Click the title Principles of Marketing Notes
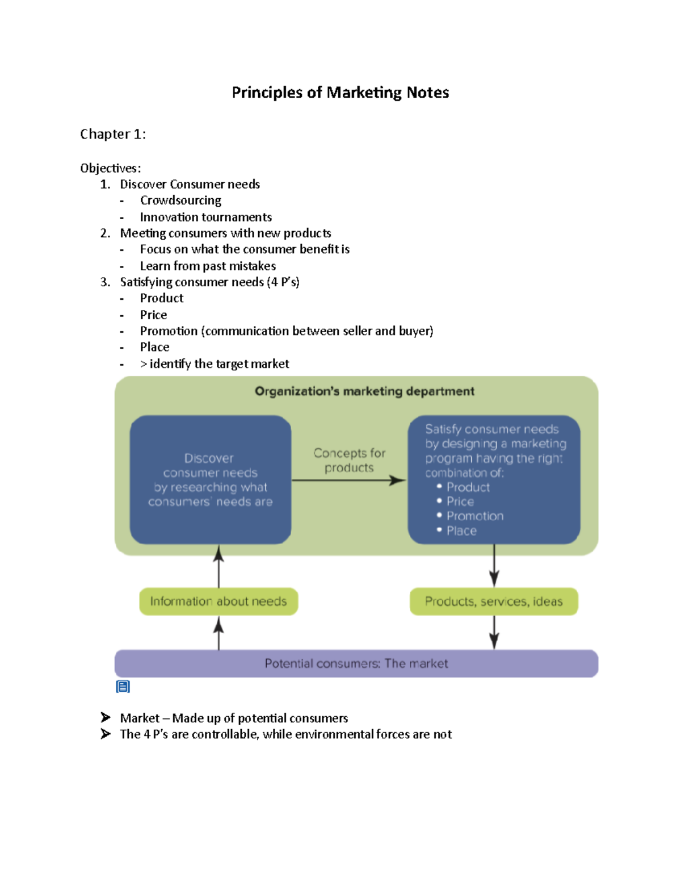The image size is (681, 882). tap(340, 93)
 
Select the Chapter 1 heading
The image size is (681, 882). tap(113, 134)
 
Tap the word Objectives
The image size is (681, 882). tap(110, 168)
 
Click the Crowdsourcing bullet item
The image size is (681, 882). tap(180, 200)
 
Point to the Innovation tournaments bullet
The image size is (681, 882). tap(205, 217)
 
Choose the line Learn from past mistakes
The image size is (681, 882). tap(208, 266)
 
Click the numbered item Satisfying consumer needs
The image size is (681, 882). tap(209, 282)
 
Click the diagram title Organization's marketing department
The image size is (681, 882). tap(364, 391)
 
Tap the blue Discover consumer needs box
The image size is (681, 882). tap(211, 480)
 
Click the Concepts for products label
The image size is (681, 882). tap(349, 460)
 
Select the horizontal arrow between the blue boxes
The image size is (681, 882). tap(348, 481)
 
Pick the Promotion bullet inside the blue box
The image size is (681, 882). tap(474, 516)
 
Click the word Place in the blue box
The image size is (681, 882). tap(461, 531)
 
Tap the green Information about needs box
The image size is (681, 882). tap(218, 601)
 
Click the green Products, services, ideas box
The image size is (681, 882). tap(494, 601)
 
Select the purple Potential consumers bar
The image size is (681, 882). tap(356, 663)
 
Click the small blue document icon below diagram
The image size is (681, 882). tap(123, 687)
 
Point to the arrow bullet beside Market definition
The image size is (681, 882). tap(106, 718)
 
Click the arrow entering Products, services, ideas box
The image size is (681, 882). tap(494, 568)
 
